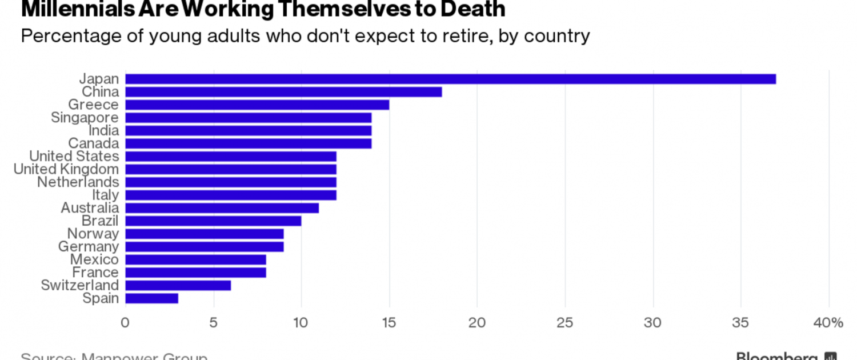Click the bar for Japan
[450, 79]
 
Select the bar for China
[283, 92]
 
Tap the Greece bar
[257, 105]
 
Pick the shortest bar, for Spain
[151, 298]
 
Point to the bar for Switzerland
[178, 285]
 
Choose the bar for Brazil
[213, 221]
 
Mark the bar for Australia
[222, 208]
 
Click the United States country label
[74, 157]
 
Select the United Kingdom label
[66, 169]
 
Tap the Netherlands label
[78, 182]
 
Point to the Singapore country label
[85, 118]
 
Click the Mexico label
[94, 259]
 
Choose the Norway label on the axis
[93, 234]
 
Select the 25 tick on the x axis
[565, 323]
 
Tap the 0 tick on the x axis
[125, 323]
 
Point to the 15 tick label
[389, 323]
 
